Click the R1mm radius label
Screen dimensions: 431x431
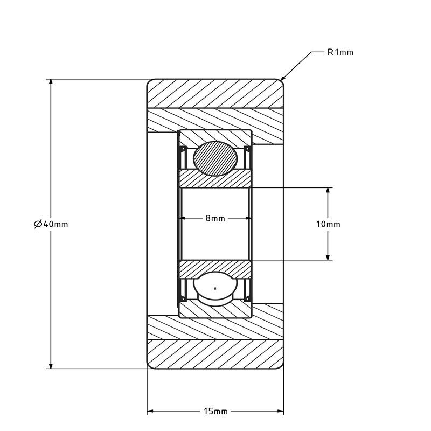point(340,52)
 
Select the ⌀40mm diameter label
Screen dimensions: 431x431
point(51,224)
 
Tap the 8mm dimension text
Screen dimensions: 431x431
point(215,218)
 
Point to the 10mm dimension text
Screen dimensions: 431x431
point(328,224)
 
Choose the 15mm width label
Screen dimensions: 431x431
point(215,412)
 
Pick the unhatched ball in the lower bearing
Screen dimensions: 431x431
point(215,288)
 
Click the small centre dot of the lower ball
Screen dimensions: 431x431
point(215,288)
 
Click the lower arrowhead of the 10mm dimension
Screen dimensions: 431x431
point(328,256)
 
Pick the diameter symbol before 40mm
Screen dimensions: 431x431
point(38,224)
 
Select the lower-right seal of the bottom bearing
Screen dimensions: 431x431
point(248,290)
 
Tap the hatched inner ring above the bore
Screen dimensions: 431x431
point(215,180)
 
